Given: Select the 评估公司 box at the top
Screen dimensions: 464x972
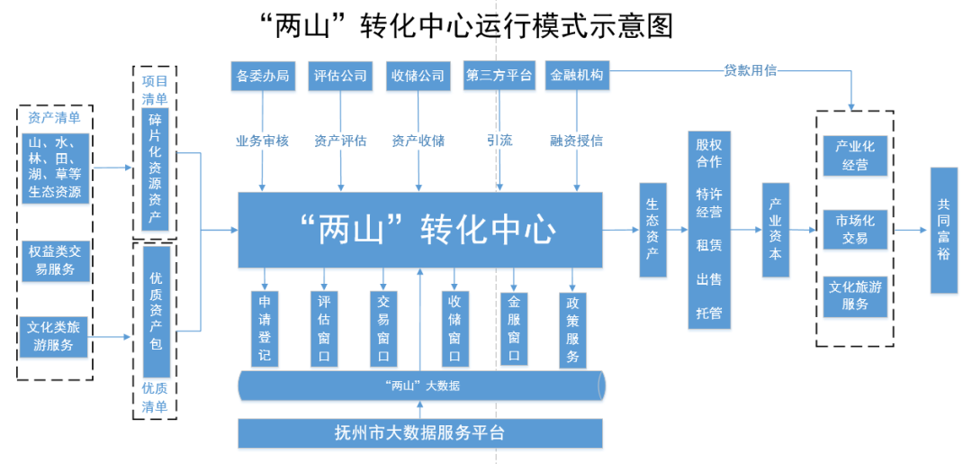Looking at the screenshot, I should point(340,77).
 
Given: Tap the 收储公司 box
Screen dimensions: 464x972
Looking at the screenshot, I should point(418,77).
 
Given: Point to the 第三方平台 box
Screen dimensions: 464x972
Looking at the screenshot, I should point(499,77).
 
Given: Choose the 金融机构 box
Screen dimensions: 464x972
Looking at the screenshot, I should point(577,77).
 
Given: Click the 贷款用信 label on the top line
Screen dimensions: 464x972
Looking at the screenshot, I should point(750,70).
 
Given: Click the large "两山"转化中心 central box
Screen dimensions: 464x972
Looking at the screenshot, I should point(419,230).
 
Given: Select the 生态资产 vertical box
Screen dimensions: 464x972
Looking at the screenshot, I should point(652,230).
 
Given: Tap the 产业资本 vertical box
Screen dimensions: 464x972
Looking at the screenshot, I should point(775,230).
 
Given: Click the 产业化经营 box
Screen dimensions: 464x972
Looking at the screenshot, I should point(855,155).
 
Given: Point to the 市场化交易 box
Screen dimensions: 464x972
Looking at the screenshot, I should point(855,230).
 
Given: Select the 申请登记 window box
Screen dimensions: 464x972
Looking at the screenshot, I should point(265,329).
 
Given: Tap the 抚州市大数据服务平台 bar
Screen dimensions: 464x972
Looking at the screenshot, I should point(419,433).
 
